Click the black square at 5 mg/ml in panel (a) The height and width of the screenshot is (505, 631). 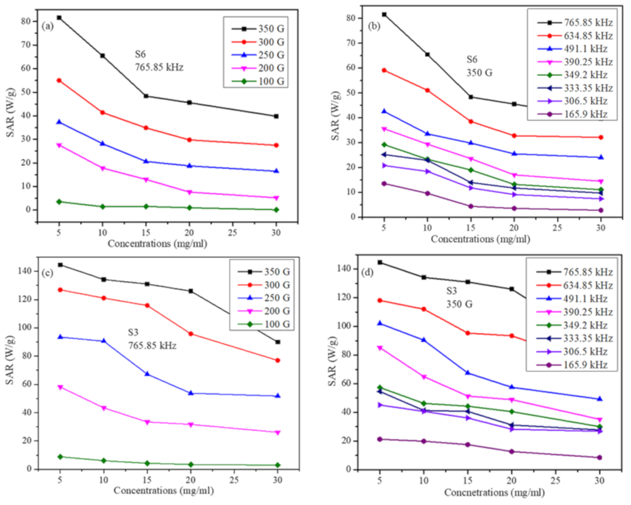coord(59,18)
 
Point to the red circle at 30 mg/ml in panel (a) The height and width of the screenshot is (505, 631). coord(276,145)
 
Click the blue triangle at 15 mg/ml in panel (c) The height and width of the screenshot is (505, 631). coord(147,374)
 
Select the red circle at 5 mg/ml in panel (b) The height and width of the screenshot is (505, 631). coord(384,70)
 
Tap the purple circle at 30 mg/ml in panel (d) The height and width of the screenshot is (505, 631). coord(599,457)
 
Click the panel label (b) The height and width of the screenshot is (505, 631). coord(374,26)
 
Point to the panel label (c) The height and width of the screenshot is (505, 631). coord(47,273)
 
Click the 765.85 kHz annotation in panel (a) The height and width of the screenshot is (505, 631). coord(159,67)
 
